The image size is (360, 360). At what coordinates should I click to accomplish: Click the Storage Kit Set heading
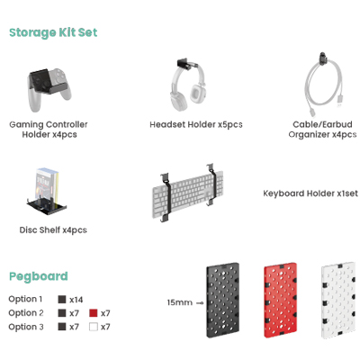(53, 32)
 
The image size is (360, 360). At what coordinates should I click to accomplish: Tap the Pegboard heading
(39, 276)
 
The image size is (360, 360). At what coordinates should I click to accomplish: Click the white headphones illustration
(188, 87)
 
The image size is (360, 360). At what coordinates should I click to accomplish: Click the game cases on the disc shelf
(47, 186)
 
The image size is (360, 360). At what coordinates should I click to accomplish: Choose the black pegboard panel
(222, 301)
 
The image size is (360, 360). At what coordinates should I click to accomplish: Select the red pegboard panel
(281, 301)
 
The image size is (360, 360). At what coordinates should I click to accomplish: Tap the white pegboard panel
(338, 301)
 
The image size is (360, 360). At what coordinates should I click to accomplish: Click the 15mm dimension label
(180, 302)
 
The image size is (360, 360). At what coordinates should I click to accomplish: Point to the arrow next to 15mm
(200, 303)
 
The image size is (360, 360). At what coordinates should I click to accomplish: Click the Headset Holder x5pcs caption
(196, 124)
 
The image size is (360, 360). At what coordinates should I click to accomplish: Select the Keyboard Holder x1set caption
(310, 193)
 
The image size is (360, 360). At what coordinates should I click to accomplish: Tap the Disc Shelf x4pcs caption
(53, 230)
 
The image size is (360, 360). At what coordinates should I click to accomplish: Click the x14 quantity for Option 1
(76, 300)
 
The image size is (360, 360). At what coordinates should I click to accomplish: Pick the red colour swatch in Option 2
(94, 313)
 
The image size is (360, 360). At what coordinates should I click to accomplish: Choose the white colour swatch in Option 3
(94, 327)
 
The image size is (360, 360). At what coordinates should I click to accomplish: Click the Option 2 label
(26, 313)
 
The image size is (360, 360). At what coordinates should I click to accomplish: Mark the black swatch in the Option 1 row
(62, 299)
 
